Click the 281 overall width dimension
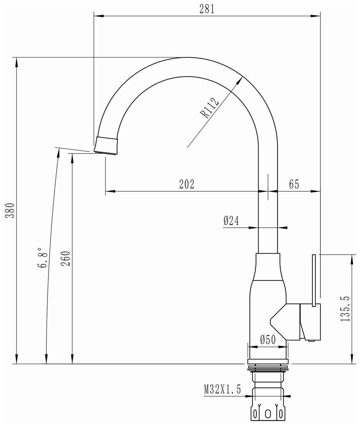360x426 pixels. click(207, 9)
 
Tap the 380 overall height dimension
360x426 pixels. click(10, 211)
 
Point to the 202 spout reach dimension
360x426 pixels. click(187, 184)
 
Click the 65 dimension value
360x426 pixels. click(294, 184)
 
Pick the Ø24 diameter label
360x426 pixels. click(231, 221)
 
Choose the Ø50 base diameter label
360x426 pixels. click(268, 340)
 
